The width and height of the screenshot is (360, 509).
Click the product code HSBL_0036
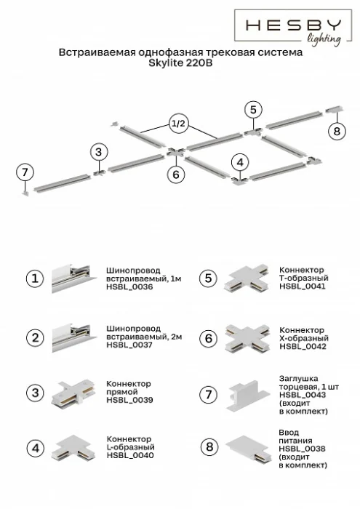tap(129, 287)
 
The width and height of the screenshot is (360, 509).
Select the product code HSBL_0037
tap(129, 346)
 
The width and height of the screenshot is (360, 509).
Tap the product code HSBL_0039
tap(129, 400)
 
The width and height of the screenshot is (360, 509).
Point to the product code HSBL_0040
tap(129, 455)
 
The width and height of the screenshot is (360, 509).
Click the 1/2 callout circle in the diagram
tap(179, 124)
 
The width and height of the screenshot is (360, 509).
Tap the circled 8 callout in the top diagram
tap(335, 131)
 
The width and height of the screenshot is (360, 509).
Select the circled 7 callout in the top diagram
tap(25, 172)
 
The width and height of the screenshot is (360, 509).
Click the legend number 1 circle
tap(34, 278)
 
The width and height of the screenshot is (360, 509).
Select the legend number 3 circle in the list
tap(34, 392)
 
